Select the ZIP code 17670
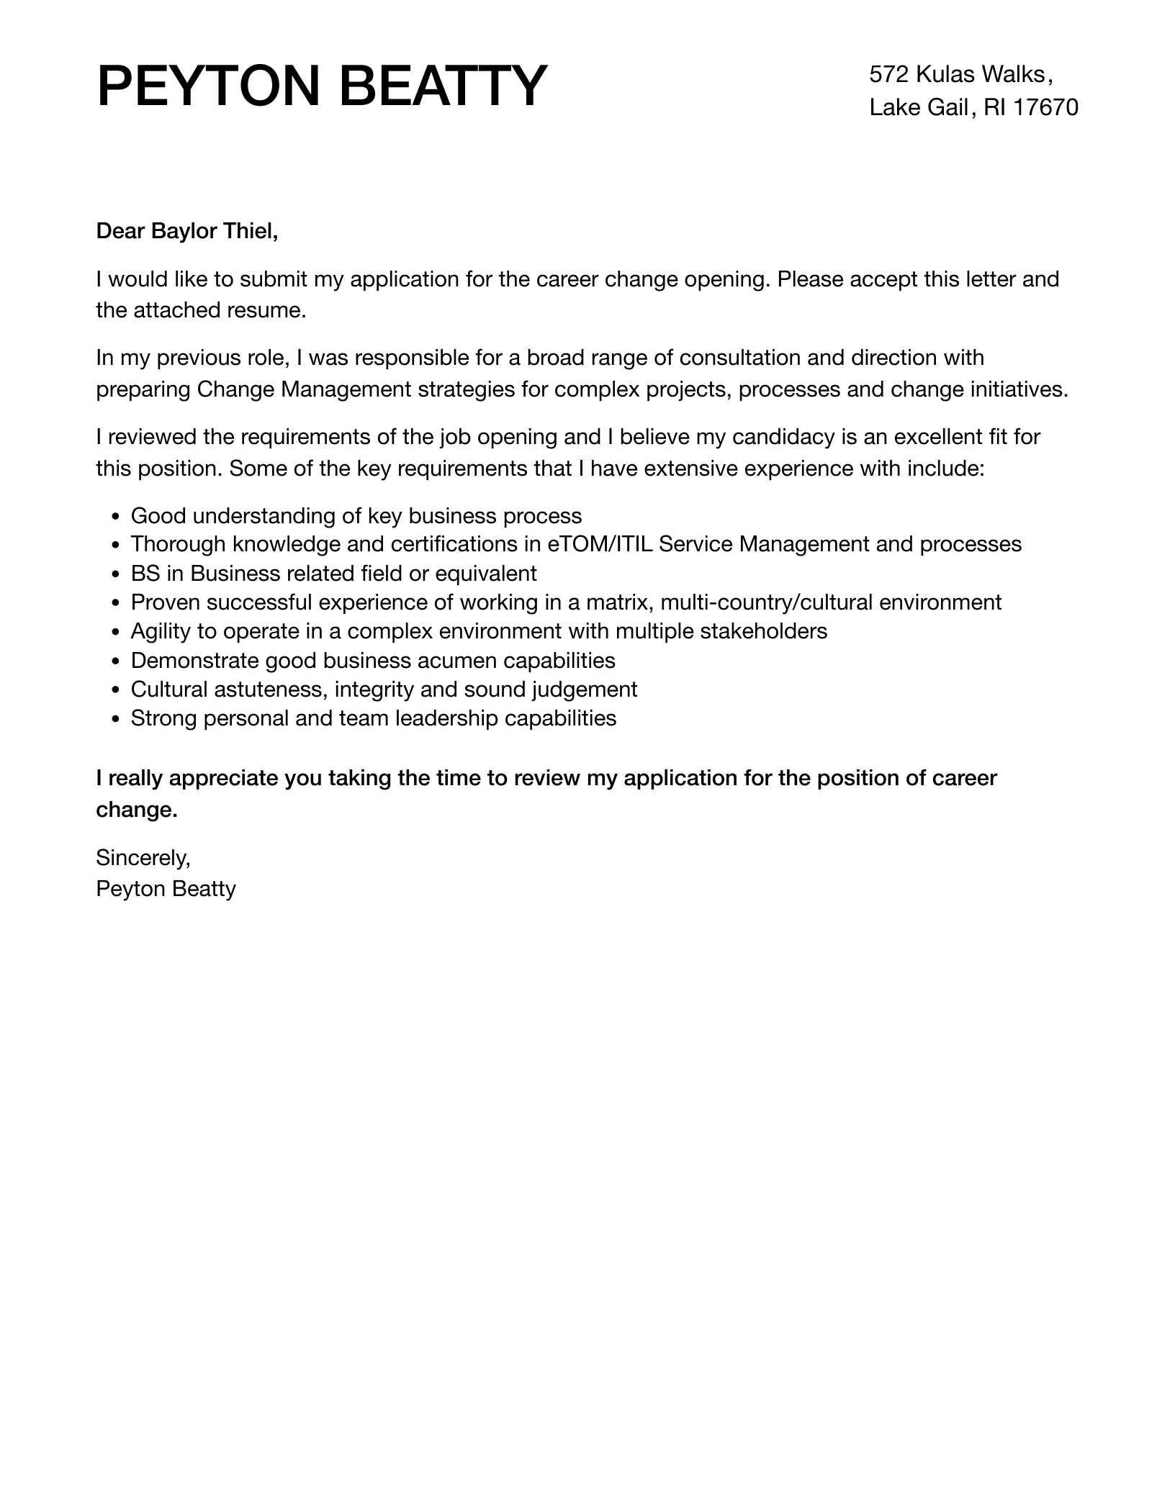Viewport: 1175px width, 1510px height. pyautogui.click(x=1045, y=108)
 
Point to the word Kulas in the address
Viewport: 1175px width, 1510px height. pyautogui.click(x=945, y=74)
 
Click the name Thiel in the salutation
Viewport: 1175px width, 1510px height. pyautogui.click(x=251, y=231)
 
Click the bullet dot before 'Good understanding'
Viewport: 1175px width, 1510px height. pyautogui.click(x=116, y=517)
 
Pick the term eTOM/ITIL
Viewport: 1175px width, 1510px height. pyautogui.click(x=600, y=544)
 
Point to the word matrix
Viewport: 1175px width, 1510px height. pyautogui.click(x=619, y=602)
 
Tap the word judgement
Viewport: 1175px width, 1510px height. pyautogui.click(x=585, y=690)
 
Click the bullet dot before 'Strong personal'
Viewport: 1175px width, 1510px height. pyautogui.click(x=116, y=719)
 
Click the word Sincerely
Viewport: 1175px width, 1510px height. pyautogui.click(x=143, y=857)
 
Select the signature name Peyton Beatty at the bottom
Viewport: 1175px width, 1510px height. pyautogui.click(x=166, y=889)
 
